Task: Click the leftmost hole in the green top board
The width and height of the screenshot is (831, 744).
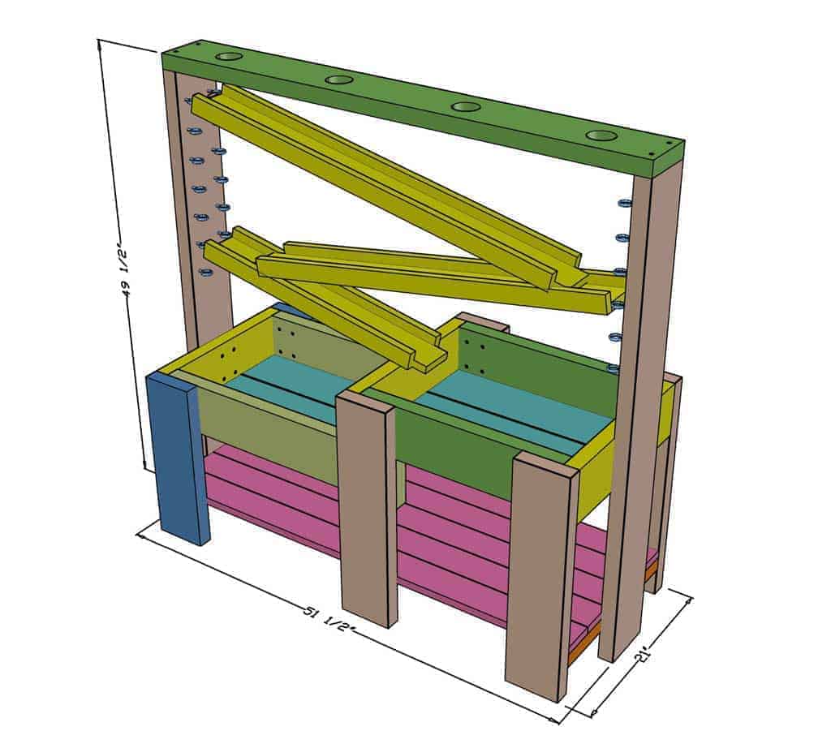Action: (x=230, y=58)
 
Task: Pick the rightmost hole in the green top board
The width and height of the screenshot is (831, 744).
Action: (x=602, y=135)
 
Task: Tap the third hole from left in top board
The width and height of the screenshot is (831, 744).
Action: (x=466, y=106)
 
